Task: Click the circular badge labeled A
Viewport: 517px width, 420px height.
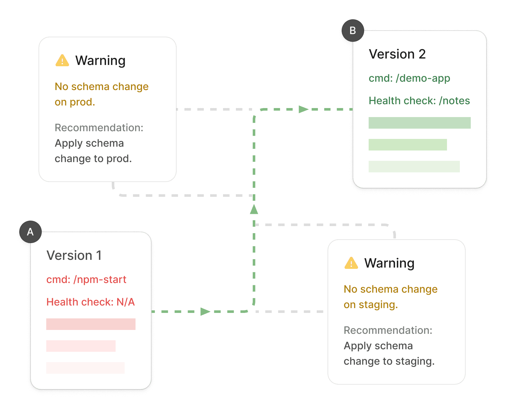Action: pyautogui.click(x=30, y=232)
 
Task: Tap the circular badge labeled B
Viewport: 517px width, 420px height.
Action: pyautogui.click(x=353, y=30)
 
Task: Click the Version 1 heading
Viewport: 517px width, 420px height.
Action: pyautogui.click(x=74, y=255)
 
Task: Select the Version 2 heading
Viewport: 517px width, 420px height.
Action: pyautogui.click(x=397, y=54)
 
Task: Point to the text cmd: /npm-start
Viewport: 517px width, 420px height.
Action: pyautogui.click(x=86, y=279)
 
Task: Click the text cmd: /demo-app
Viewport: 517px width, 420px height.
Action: pyautogui.click(x=409, y=78)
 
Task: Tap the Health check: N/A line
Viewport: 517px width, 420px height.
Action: pyautogui.click(x=90, y=302)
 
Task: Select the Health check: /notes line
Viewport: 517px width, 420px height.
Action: pyautogui.click(x=419, y=101)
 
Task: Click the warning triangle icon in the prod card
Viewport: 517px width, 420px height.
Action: pyautogui.click(x=62, y=60)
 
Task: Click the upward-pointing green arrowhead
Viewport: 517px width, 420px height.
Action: pyautogui.click(x=254, y=209)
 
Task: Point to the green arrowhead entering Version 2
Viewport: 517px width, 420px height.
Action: pyautogui.click(x=304, y=109)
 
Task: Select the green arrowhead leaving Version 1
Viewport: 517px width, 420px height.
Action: pyautogui.click(x=205, y=311)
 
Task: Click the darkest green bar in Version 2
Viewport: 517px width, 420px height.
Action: pyautogui.click(x=419, y=123)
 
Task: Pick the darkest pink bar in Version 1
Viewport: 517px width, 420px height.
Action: pyautogui.click(x=91, y=324)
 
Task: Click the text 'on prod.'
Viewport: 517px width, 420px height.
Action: pyautogui.click(x=75, y=102)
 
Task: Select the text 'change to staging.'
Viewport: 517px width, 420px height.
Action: pyautogui.click(x=389, y=361)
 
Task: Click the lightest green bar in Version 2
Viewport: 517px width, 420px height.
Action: pyautogui.click(x=414, y=167)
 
